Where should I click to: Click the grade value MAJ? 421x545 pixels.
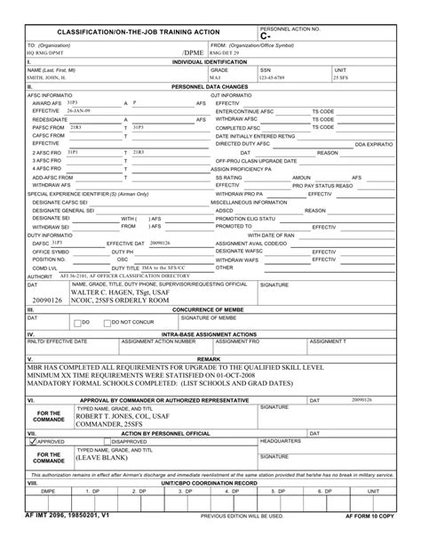(x=216, y=77)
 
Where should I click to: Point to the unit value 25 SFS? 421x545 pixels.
(x=341, y=77)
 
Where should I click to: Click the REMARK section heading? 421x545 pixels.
(x=210, y=357)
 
